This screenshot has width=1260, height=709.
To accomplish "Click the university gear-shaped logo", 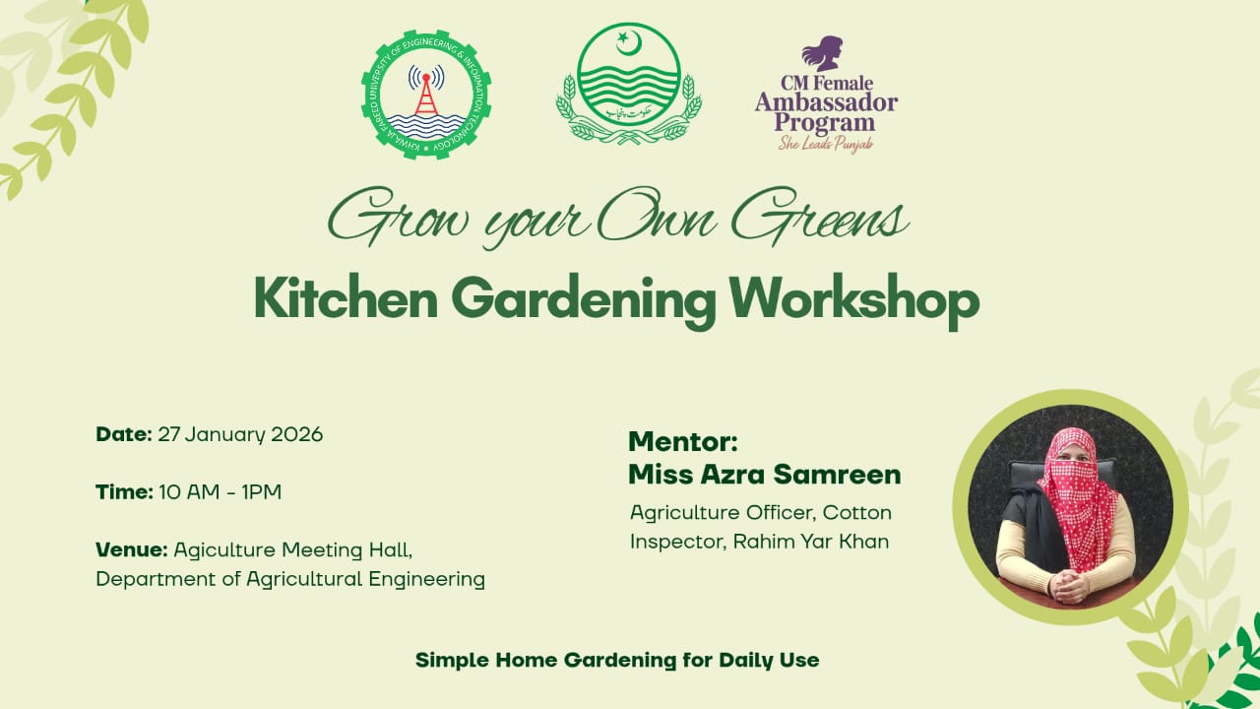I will (425, 95).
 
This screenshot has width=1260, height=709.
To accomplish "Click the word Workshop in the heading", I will (854, 299).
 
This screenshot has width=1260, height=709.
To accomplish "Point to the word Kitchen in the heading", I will (346, 299).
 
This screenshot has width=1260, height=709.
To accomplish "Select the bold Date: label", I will (124, 434).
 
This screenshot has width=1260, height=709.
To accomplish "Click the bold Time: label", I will (124, 491).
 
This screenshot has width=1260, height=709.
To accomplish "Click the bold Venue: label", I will (131, 548).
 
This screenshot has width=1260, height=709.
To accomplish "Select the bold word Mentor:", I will (682, 440).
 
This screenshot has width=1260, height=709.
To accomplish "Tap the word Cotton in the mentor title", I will (856, 512).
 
